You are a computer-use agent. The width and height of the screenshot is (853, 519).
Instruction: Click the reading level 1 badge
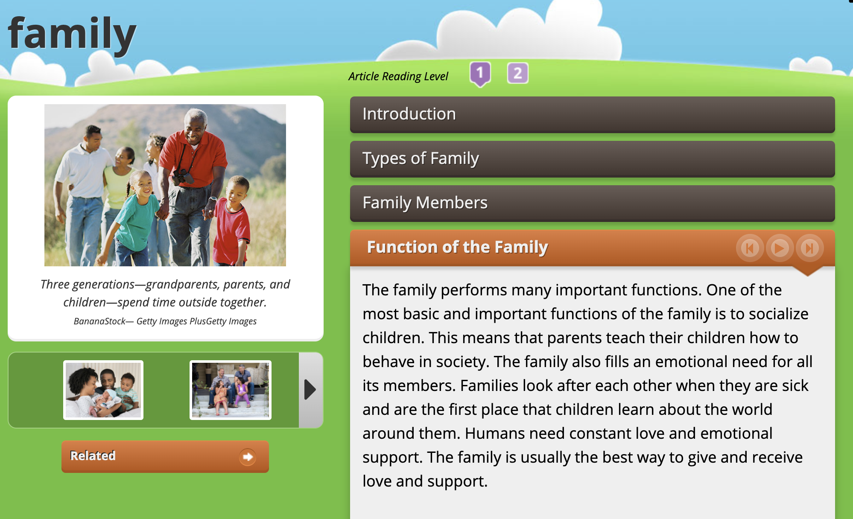click(480, 74)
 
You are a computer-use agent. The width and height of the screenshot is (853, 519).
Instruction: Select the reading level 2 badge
click(517, 73)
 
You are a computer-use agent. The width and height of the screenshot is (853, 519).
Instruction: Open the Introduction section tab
click(592, 114)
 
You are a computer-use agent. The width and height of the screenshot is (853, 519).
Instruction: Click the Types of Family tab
click(592, 159)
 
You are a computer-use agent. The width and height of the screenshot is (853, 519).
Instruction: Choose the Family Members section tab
click(592, 203)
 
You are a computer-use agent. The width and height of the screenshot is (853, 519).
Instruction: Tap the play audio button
click(780, 248)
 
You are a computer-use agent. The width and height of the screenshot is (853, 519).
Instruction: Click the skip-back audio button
click(750, 248)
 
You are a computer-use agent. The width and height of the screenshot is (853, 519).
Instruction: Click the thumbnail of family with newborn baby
click(103, 390)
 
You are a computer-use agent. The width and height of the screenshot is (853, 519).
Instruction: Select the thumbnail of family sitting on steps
click(231, 390)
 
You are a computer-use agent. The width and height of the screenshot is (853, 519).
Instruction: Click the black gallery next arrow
click(310, 390)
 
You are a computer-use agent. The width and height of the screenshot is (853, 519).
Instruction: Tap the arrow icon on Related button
click(248, 457)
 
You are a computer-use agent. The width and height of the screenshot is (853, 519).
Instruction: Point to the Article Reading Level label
click(398, 76)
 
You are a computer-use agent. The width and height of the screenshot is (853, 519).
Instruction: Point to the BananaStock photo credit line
click(165, 321)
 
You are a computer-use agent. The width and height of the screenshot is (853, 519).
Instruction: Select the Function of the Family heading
click(458, 247)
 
